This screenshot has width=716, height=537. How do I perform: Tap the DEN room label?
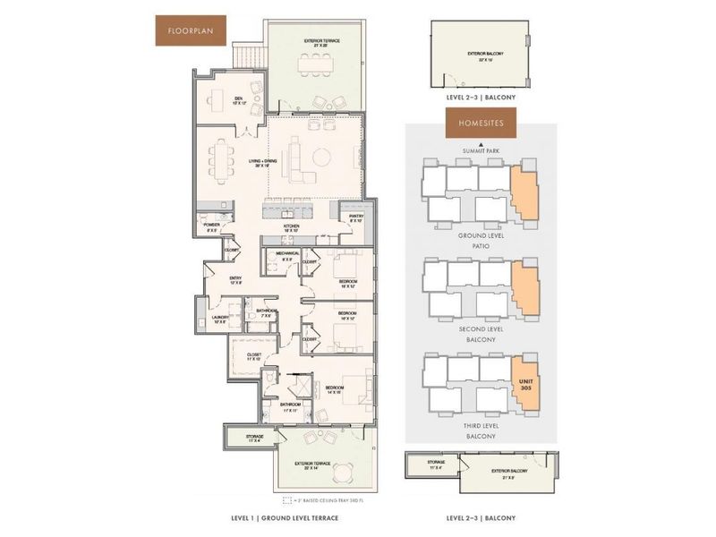239,100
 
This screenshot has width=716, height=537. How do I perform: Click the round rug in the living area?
320,162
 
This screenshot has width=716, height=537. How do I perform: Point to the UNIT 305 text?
526,386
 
